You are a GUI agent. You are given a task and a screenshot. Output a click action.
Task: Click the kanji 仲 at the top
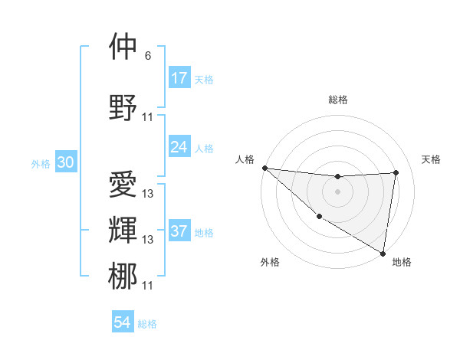click(123, 47)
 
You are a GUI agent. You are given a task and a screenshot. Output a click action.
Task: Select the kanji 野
click(123, 107)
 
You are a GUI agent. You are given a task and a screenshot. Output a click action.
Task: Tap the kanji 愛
click(123, 185)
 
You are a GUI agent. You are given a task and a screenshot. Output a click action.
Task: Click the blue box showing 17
click(179, 78)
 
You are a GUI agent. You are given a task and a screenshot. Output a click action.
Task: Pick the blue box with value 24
click(179, 147)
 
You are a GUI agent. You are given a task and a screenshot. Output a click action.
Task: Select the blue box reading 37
click(179, 231)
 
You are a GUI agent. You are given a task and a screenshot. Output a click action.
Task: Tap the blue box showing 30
click(65, 163)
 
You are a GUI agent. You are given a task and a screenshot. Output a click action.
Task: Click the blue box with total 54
click(123, 322)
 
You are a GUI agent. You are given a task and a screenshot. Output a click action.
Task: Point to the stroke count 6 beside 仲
click(147, 56)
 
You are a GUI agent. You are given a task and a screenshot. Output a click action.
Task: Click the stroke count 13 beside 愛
click(148, 194)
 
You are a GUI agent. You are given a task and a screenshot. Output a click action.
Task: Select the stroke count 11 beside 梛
click(148, 286)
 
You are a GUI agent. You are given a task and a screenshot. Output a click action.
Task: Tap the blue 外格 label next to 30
click(41, 164)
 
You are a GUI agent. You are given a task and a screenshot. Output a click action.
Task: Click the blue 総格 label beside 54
click(147, 324)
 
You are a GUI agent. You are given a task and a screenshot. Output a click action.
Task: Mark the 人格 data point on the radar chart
click(264, 168)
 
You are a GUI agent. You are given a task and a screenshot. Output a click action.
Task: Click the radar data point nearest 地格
click(383, 252)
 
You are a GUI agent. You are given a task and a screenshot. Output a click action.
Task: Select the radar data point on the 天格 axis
click(396, 172)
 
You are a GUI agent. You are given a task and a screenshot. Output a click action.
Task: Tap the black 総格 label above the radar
click(337, 100)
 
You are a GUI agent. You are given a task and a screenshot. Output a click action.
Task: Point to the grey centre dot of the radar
click(337, 191)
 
